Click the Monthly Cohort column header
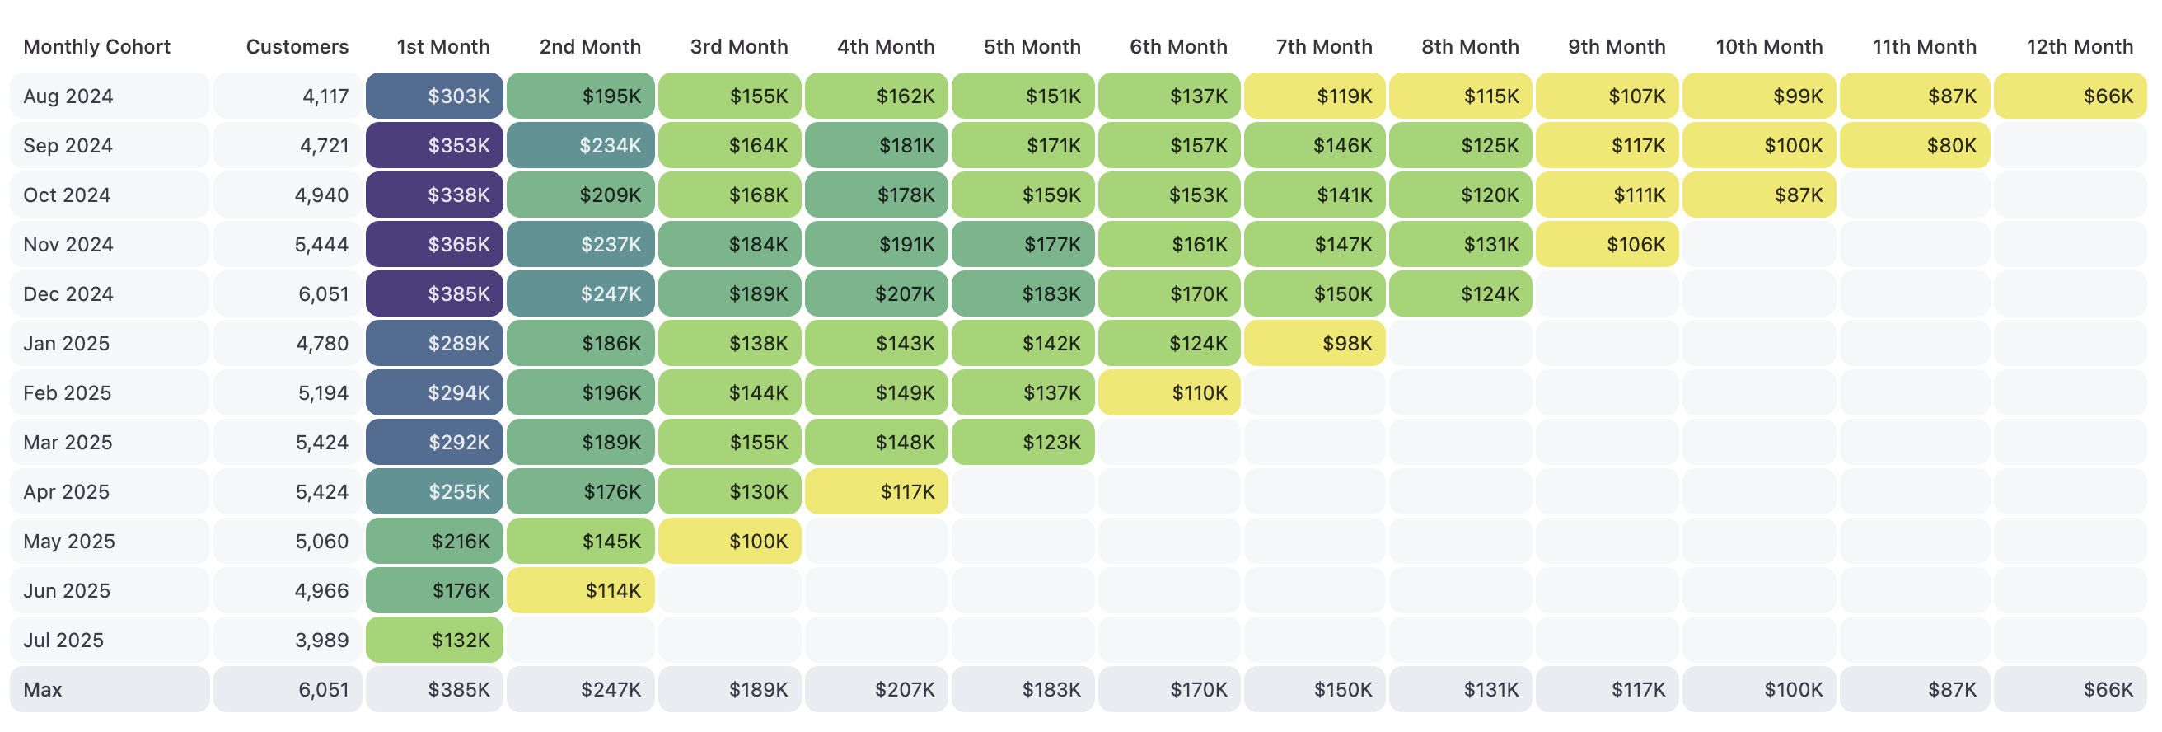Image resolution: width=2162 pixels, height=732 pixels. pyautogui.click(x=96, y=47)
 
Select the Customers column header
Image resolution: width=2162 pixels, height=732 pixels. pyautogui.click(x=297, y=47)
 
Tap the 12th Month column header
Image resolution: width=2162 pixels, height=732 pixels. pyautogui.click(x=2079, y=47)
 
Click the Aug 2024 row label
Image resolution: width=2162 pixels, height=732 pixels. pyautogui.click(x=68, y=96)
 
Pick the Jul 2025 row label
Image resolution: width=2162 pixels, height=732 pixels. pyautogui.click(x=63, y=640)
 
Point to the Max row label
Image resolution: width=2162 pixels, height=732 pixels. pyautogui.click(x=43, y=689)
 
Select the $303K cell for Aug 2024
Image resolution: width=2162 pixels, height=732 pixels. pyautogui.click(x=435, y=96)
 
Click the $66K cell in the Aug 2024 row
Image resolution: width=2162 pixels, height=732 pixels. pyautogui.click(x=2070, y=96)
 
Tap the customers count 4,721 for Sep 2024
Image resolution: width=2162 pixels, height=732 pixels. pyautogui.click(x=324, y=145)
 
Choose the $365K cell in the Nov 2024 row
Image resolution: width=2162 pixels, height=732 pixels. pyautogui.click(x=435, y=244)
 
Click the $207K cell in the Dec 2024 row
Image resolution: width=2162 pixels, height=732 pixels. pyautogui.click(x=876, y=293)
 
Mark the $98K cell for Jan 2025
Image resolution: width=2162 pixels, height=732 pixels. pyautogui.click(x=1314, y=344)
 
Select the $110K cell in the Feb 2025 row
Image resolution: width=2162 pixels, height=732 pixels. pyautogui.click(x=1169, y=393)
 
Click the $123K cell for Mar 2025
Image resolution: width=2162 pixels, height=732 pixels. pyautogui.click(x=1023, y=443)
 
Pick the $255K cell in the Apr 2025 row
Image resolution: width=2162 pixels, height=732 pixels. pyautogui.click(x=435, y=492)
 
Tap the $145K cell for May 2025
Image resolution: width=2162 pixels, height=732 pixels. pyautogui.click(x=581, y=542)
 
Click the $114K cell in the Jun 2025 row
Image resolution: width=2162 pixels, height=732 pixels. pyautogui.click(x=581, y=591)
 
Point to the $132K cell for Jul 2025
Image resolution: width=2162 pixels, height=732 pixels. pyautogui.click(x=435, y=640)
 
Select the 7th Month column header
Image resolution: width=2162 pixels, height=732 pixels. pyautogui.click(x=1323, y=47)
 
